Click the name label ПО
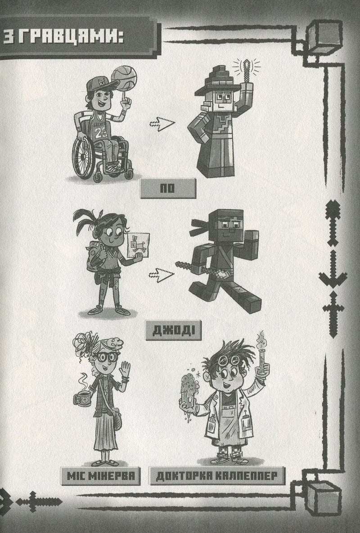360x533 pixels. pyautogui.click(x=168, y=188)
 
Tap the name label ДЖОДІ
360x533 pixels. pyautogui.click(x=173, y=330)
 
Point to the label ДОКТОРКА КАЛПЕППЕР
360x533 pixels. pyautogui.click(x=217, y=475)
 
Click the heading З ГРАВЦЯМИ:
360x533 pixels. pyautogui.click(x=63, y=37)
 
